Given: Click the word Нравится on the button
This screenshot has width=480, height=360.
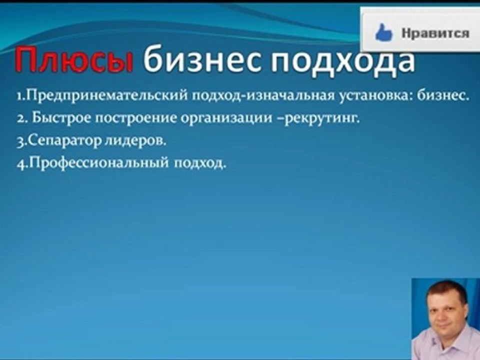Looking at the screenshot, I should (x=435, y=33).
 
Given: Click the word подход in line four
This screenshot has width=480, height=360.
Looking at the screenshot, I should (x=200, y=164).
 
